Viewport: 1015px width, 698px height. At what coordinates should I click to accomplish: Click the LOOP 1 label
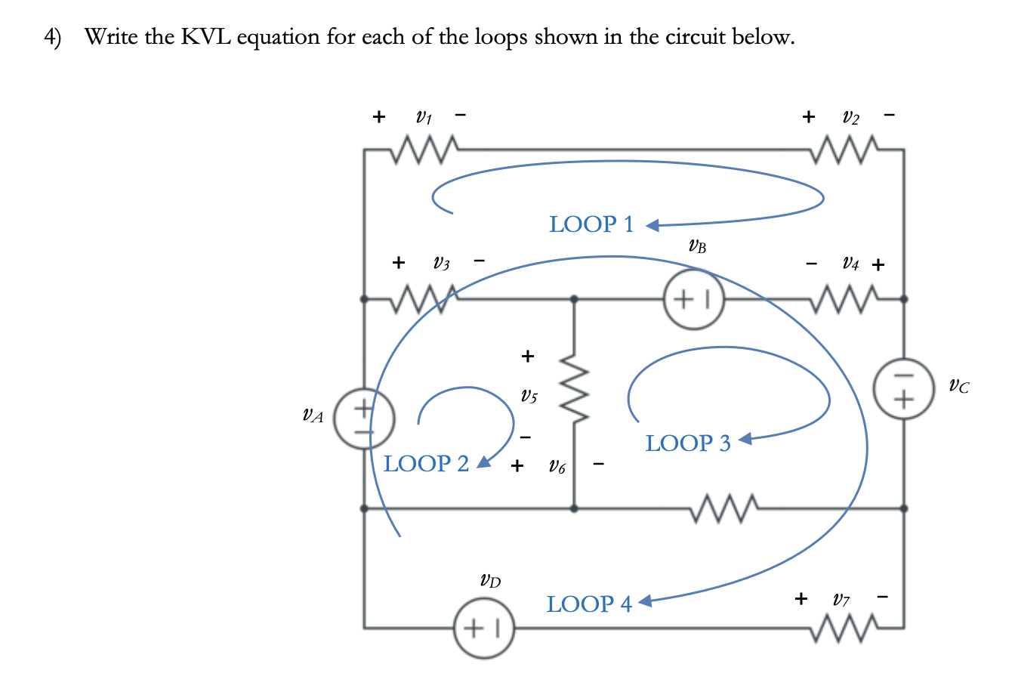coord(591,224)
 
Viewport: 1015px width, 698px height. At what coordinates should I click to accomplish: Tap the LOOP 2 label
coord(426,463)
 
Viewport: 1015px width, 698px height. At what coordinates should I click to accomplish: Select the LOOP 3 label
coord(688,443)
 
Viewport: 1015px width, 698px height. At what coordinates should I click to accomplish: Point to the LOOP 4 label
coord(589,604)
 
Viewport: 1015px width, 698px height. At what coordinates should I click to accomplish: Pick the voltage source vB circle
coord(693,299)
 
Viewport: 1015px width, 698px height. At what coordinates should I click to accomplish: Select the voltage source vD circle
coord(484,627)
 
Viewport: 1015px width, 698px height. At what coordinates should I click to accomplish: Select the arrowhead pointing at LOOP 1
coord(653,225)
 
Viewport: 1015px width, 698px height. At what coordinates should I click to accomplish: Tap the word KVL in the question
coord(205,36)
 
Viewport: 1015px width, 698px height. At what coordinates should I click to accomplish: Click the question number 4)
coord(52,36)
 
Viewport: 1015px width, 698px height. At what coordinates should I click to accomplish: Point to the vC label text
coord(958,388)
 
